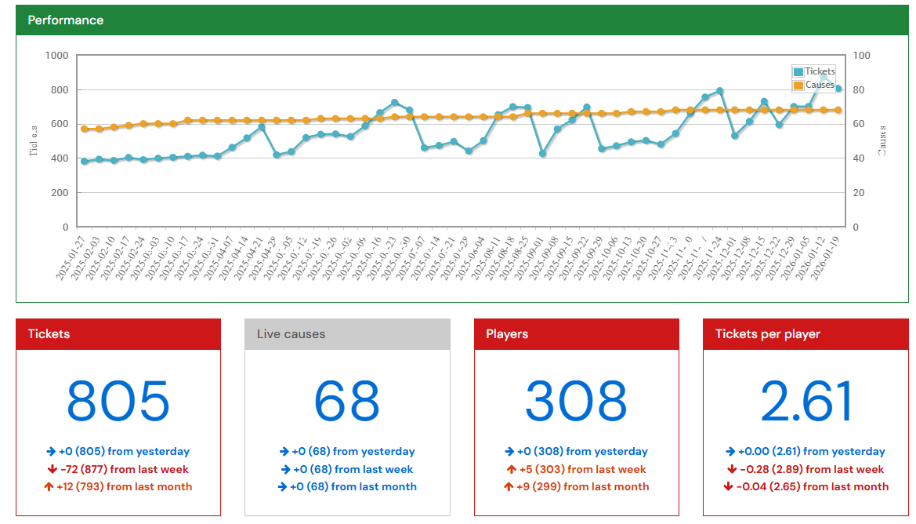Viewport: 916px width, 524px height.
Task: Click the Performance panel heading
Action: pos(66,20)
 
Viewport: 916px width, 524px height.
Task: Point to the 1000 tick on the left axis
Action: pos(57,56)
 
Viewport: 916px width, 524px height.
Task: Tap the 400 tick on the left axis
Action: pos(60,158)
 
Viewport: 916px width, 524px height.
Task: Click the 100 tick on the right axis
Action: pos(861,56)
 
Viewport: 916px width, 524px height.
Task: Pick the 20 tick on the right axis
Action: pos(859,193)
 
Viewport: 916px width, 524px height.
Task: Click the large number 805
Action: pos(118,402)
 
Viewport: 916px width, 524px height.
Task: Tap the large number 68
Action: pos(347,402)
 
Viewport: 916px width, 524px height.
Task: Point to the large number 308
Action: pos(576,402)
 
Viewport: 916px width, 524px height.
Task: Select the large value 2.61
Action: pos(806,402)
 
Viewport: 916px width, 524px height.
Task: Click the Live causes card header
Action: pos(291,334)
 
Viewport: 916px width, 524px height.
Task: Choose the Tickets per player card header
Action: pos(767,334)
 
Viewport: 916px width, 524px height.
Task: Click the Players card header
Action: pos(507,334)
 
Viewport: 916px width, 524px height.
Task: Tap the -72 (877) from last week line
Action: pos(118,469)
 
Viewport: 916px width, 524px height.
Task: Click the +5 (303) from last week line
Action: pos(576,469)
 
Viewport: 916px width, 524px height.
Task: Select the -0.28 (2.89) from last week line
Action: pos(806,469)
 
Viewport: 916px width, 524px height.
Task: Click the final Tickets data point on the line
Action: pos(838,89)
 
